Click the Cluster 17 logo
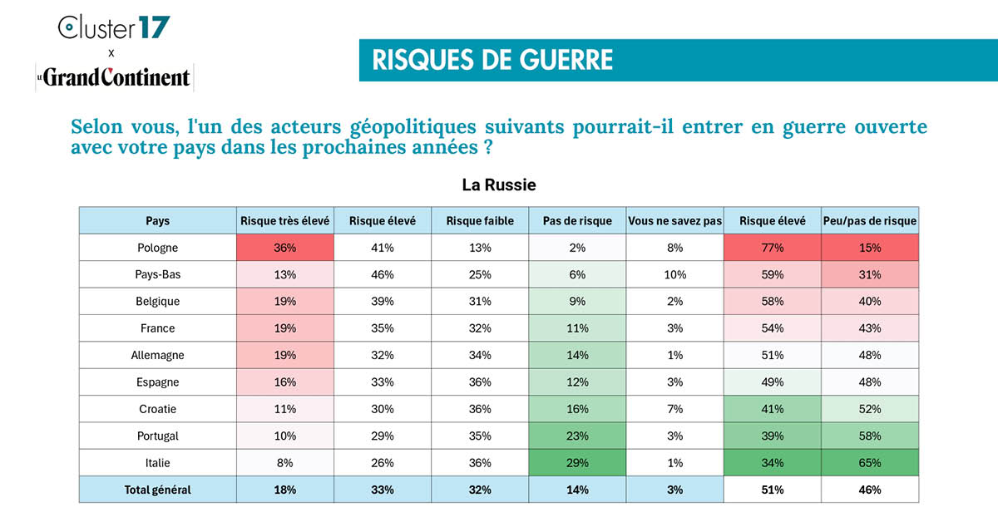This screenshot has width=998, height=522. click(x=114, y=27)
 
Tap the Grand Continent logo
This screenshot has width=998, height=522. click(x=114, y=77)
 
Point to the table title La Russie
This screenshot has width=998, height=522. click(x=499, y=185)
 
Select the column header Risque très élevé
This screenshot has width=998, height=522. click(x=285, y=221)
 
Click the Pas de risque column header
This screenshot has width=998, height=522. click(x=577, y=221)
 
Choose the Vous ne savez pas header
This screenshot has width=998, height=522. click(x=674, y=221)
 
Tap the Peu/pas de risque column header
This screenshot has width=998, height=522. click(x=870, y=221)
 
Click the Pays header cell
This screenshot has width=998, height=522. click(x=158, y=221)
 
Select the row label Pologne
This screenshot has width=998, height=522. click(x=158, y=248)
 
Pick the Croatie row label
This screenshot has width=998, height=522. click(x=158, y=409)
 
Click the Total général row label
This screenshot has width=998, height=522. click(x=158, y=490)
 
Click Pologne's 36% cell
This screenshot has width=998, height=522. click(x=285, y=248)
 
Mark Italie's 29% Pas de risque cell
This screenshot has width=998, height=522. click(x=577, y=463)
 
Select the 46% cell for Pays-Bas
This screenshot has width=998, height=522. click(x=383, y=274)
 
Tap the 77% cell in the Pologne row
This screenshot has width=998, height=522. click(x=773, y=248)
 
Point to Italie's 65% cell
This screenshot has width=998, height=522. click(x=870, y=463)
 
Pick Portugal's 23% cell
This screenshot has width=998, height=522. click(x=577, y=436)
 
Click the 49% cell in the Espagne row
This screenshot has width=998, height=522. click(x=773, y=382)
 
